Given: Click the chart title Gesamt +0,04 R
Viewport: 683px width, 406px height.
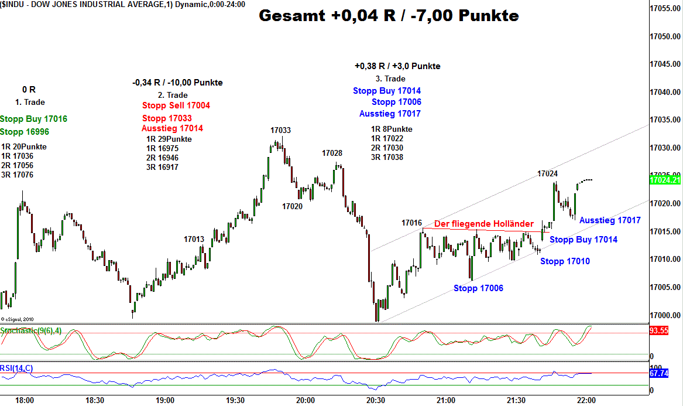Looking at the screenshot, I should [389, 16].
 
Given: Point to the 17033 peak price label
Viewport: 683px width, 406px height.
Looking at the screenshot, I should [280, 130].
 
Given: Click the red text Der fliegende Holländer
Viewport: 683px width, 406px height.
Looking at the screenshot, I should [483, 224].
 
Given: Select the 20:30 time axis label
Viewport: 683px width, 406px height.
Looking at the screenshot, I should [375, 400].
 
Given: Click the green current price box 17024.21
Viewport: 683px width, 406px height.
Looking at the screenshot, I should [665, 180].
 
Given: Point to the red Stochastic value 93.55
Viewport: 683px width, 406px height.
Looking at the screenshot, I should [659, 331].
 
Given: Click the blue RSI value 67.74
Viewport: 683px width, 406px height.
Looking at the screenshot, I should [659, 373].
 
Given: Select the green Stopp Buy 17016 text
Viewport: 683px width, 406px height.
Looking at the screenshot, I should [33, 119].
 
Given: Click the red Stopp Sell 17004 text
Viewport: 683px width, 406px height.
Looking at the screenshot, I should [176, 105].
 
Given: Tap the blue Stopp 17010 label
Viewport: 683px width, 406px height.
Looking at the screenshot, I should [565, 261].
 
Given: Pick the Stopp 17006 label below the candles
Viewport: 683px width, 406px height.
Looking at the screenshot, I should [478, 288].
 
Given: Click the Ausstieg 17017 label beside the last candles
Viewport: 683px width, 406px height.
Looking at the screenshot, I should [610, 220].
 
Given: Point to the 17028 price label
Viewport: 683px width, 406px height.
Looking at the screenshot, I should [332, 153].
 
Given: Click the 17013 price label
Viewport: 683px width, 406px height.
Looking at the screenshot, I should [194, 239].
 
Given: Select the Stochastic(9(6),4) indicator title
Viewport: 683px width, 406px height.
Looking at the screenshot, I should [30, 331].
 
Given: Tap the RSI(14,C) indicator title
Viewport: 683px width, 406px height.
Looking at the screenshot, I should [16, 368].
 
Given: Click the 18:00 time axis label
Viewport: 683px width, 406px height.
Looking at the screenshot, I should [25, 400].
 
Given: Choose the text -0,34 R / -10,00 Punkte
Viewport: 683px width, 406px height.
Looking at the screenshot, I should [177, 83].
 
